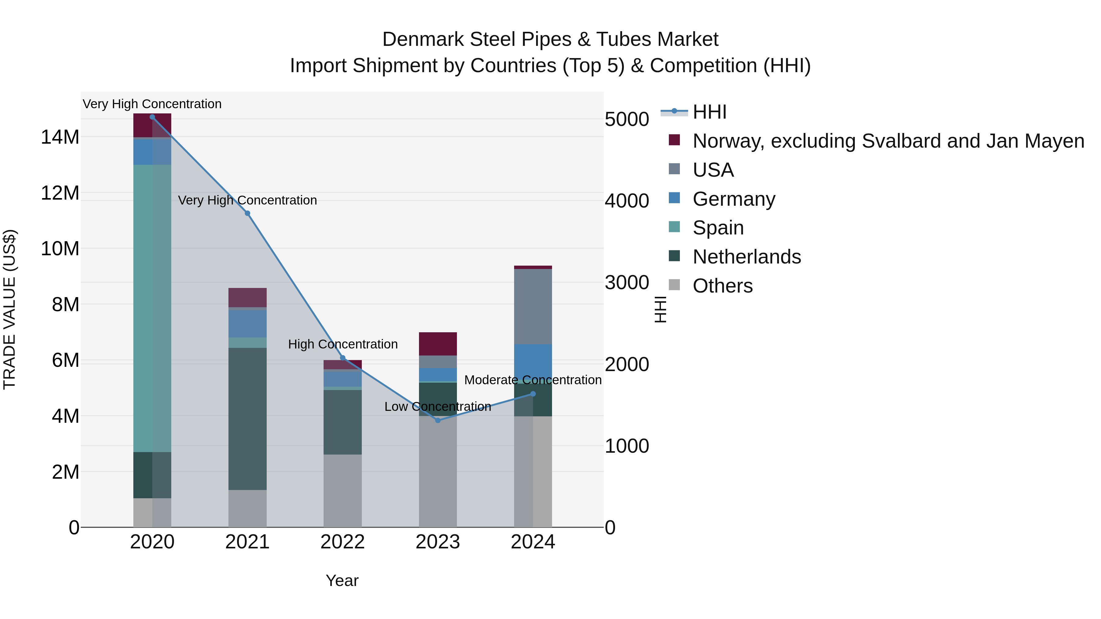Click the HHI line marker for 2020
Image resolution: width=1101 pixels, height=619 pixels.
pyautogui.click(x=152, y=117)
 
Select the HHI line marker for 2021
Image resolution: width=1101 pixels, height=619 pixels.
pyautogui.click(x=247, y=213)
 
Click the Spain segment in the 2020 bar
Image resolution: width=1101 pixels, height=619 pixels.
pyautogui.click(x=152, y=308)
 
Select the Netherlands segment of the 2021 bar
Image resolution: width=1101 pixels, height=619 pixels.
pyautogui.click(x=247, y=419)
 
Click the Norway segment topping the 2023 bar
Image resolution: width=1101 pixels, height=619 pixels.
pyautogui.click(x=438, y=344)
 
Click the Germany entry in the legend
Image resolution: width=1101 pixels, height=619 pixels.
pyautogui.click(x=733, y=199)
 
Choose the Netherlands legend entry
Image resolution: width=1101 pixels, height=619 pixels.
pyautogui.click(x=746, y=257)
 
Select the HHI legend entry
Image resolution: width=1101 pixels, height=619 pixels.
pyautogui.click(x=710, y=112)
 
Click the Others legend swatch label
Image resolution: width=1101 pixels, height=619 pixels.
pyautogui.click(x=722, y=286)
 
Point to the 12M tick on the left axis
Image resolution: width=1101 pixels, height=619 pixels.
pyautogui.click(x=60, y=193)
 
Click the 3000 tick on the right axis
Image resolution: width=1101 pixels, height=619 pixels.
pyautogui.click(x=627, y=283)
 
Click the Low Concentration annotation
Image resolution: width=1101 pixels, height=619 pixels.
pyautogui.click(x=438, y=406)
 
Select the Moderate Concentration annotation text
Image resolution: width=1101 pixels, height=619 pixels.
pyautogui.click(x=532, y=380)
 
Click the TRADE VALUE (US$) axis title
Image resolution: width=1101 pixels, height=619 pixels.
pyautogui.click(x=9, y=309)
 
